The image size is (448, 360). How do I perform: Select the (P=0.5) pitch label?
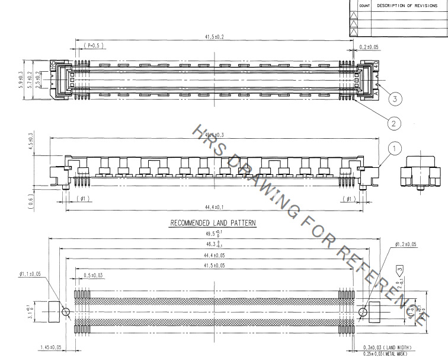93,45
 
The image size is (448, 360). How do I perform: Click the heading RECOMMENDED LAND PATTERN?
212,224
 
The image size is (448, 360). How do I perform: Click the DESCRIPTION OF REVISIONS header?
409,5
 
